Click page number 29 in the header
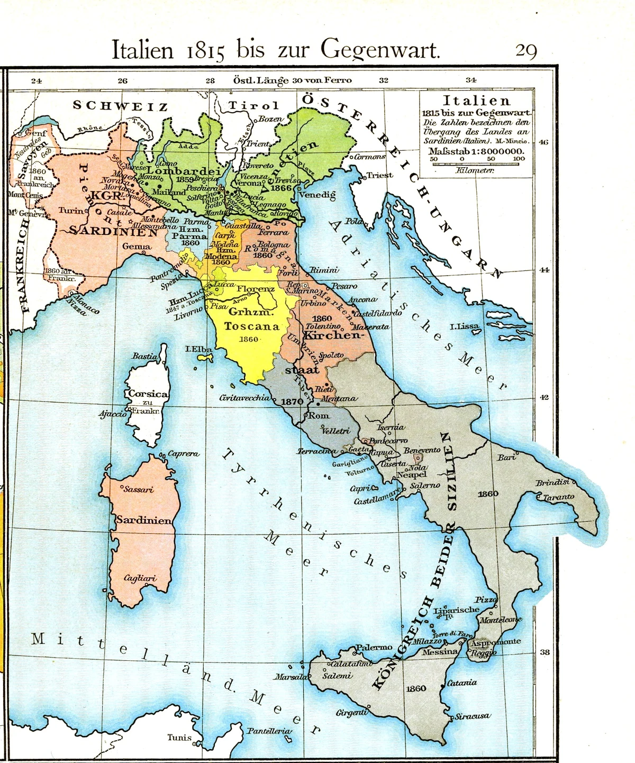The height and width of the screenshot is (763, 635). pos(526,51)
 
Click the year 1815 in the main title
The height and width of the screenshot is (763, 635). pos(206,51)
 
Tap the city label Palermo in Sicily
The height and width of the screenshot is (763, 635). pos(374,647)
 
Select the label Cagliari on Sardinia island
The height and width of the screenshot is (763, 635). pos(140,578)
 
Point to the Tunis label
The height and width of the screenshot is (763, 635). pos(179,737)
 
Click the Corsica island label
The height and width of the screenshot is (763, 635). pos(148,394)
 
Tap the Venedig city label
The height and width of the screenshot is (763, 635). pos(317,195)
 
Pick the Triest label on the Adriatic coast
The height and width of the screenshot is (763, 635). pos(379,175)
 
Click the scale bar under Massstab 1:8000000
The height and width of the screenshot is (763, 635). pos(476,164)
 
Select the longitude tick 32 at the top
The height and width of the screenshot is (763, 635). pos(384,80)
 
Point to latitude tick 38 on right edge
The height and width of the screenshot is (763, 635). pos(545,652)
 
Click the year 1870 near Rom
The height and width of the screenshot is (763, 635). pos(292,402)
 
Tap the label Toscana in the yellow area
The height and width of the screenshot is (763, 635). pos(251,326)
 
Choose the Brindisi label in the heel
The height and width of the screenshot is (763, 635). pos(552,483)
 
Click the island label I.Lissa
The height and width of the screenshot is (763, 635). pos(464,326)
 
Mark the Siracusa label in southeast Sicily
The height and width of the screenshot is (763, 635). pos(473,716)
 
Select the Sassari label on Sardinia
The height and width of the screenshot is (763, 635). pos(138,489)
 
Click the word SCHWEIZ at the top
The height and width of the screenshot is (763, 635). pos(120,106)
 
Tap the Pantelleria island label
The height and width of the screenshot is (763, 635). pos(269,731)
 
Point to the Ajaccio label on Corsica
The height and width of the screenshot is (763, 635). pos(112,414)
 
